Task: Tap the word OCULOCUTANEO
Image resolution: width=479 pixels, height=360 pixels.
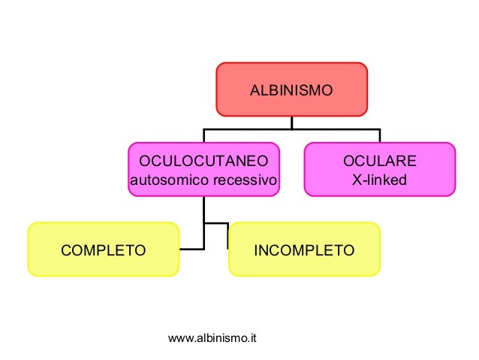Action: tap(203, 162)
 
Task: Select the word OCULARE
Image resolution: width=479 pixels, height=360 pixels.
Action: tap(379, 162)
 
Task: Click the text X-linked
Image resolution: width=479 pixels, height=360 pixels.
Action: tap(379, 180)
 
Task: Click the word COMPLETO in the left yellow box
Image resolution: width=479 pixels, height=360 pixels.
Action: tap(104, 250)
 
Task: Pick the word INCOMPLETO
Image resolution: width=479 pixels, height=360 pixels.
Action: tap(303, 250)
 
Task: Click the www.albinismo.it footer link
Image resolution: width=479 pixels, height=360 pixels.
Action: tap(213, 340)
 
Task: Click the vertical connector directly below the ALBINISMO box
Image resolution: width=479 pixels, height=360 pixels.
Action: tap(292, 123)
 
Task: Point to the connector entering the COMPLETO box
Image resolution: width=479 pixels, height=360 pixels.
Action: tap(191, 249)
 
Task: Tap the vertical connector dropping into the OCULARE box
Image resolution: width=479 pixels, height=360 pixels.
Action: tap(379, 136)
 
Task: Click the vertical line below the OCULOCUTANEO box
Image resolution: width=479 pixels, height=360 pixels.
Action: tap(204, 210)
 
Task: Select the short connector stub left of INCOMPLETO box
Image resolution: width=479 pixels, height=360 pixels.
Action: tap(227, 235)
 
